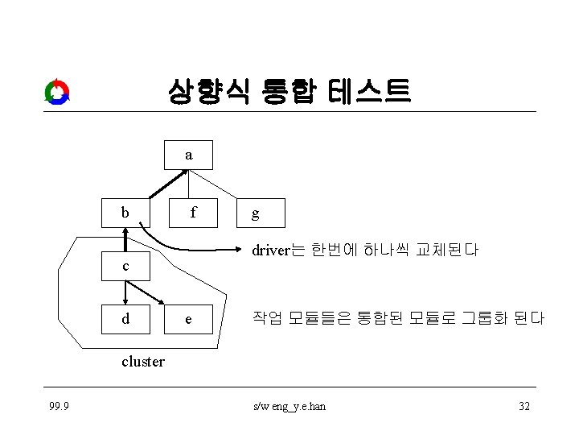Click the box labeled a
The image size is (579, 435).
[188, 155]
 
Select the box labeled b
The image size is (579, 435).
[125, 213]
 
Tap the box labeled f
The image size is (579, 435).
[193, 213]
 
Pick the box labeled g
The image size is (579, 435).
[255, 213]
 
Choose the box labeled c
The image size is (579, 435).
[125, 266]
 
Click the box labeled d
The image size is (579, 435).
[125, 319]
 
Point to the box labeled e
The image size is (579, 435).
[188, 319]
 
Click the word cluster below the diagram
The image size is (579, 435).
[143, 362]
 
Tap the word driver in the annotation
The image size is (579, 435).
[269, 251]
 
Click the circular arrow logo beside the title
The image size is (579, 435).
[57, 93]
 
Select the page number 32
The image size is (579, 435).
[524, 406]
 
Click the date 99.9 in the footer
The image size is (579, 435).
[57, 406]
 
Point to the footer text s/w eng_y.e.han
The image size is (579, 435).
[289, 406]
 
